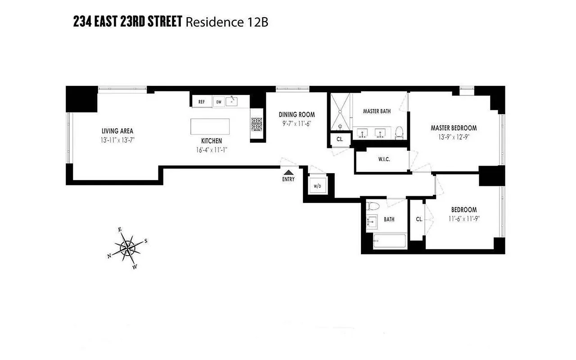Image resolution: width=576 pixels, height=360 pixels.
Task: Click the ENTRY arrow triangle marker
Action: (288, 171)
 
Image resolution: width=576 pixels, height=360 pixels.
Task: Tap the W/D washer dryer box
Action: (317, 186)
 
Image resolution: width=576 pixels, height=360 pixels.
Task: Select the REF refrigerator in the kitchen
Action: (202, 102)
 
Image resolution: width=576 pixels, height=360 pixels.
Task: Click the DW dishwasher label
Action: (219, 102)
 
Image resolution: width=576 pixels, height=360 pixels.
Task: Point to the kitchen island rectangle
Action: (210, 126)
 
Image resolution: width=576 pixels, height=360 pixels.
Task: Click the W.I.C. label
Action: (384, 159)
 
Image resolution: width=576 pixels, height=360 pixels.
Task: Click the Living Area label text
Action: (117, 131)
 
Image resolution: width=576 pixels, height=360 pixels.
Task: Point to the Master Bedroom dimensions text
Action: (453, 136)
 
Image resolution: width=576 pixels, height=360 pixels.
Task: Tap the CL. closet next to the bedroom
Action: (419, 219)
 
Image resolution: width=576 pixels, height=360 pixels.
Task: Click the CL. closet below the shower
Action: (340, 139)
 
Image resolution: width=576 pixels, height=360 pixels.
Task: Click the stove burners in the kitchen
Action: (256, 124)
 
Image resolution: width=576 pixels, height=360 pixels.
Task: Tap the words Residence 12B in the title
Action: (227, 22)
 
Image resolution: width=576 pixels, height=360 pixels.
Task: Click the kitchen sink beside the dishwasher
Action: (232, 101)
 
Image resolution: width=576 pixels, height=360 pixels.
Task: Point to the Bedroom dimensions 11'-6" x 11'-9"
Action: (464, 218)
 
